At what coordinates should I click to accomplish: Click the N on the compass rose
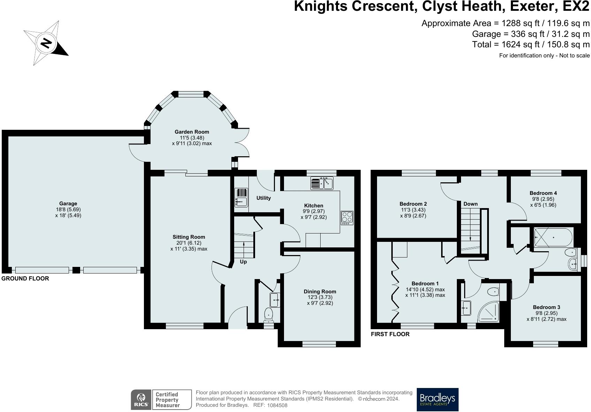pyautogui.click(x=46, y=43)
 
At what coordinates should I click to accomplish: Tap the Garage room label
pyautogui.click(x=68, y=203)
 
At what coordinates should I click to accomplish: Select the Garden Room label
pyautogui.click(x=192, y=132)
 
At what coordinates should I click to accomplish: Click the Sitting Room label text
pyautogui.click(x=189, y=237)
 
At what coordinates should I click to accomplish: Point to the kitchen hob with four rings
pyautogui.click(x=347, y=217)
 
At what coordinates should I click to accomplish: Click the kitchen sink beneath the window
pyautogui.click(x=322, y=183)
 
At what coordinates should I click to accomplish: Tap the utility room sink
pyautogui.click(x=241, y=197)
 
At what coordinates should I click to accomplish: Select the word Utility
pyautogui.click(x=263, y=198)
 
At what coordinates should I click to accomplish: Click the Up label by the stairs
pyautogui.click(x=243, y=262)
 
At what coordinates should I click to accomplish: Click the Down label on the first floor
pyautogui.click(x=470, y=204)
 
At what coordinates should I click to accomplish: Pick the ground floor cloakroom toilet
pyautogui.click(x=269, y=315)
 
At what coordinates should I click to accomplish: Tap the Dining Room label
pyautogui.click(x=320, y=291)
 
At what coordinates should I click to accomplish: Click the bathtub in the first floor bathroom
pyautogui.click(x=553, y=237)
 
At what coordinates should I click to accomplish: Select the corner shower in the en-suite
pyautogui.click(x=488, y=312)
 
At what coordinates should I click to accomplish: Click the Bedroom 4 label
pyautogui.click(x=543, y=193)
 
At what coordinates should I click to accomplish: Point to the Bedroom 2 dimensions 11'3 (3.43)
pyautogui.click(x=413, y=210)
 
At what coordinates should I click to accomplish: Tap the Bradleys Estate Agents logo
pyautogui.click(x=437, y=399)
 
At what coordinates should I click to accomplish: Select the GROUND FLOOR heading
pyautogui.click(x=25, y=278)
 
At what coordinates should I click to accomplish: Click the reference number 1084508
pyautogui.click(x=277, y=405)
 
